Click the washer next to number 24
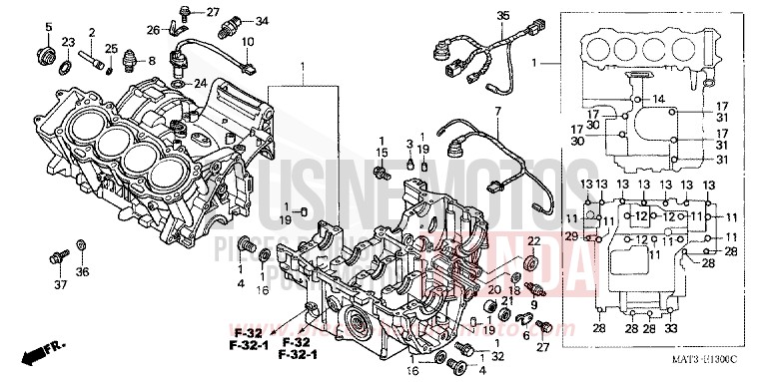[179, 84]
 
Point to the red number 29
[570, 235]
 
